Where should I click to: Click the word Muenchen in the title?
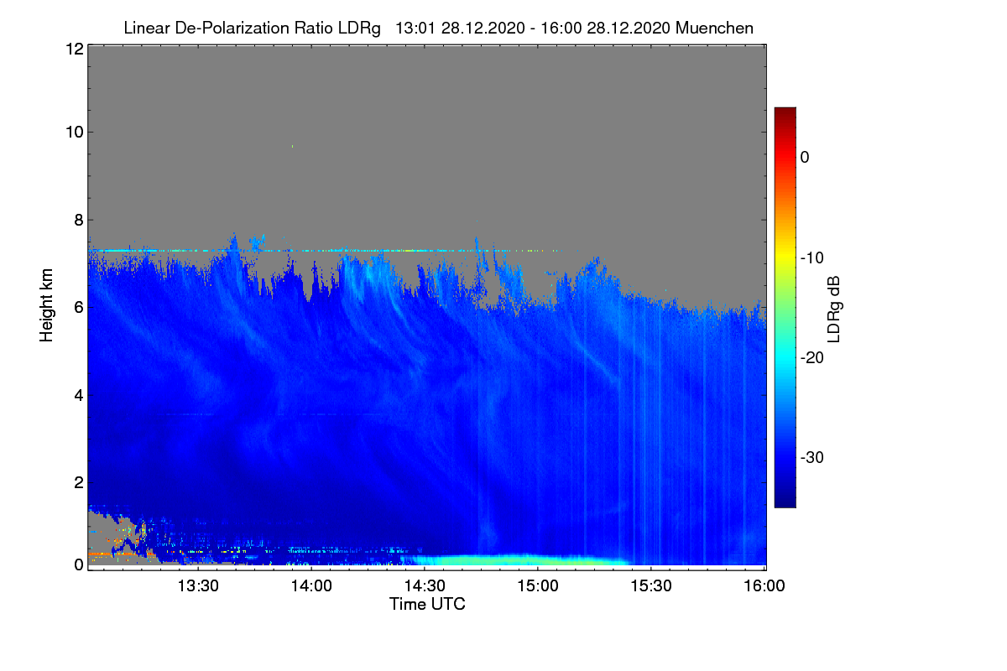click(714, 29)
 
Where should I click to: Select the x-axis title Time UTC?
click(427, 604)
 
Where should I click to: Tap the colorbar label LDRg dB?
click(833, 309)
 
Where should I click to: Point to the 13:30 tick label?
click(198, 587)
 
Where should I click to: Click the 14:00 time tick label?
click(311, 587)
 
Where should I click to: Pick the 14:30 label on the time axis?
click(425, 587)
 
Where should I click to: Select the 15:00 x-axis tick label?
click(538, 587)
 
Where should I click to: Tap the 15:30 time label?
click(651, 587)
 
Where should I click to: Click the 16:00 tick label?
click(764, 587)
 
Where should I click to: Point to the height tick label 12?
click(73, 49)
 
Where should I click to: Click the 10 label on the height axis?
click(73, 132)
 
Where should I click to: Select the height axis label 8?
click(78, 220)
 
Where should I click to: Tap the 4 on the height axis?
click(78, 395)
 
